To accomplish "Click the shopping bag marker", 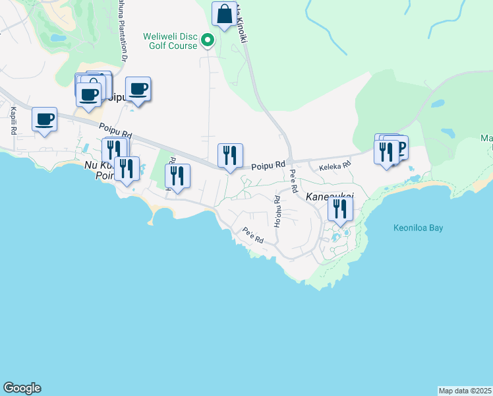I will [224, 14].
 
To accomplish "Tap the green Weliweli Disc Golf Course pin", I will [208, 41].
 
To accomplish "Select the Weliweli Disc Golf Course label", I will [170, 41].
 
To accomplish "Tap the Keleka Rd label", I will [335, 168].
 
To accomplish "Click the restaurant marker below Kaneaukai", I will [340, 209].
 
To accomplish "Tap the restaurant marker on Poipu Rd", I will [230, 156].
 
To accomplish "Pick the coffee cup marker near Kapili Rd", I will [45, 119].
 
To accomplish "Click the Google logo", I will [22, 388].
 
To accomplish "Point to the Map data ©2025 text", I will [465, 391].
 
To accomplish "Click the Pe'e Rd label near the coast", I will [253, 236].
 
